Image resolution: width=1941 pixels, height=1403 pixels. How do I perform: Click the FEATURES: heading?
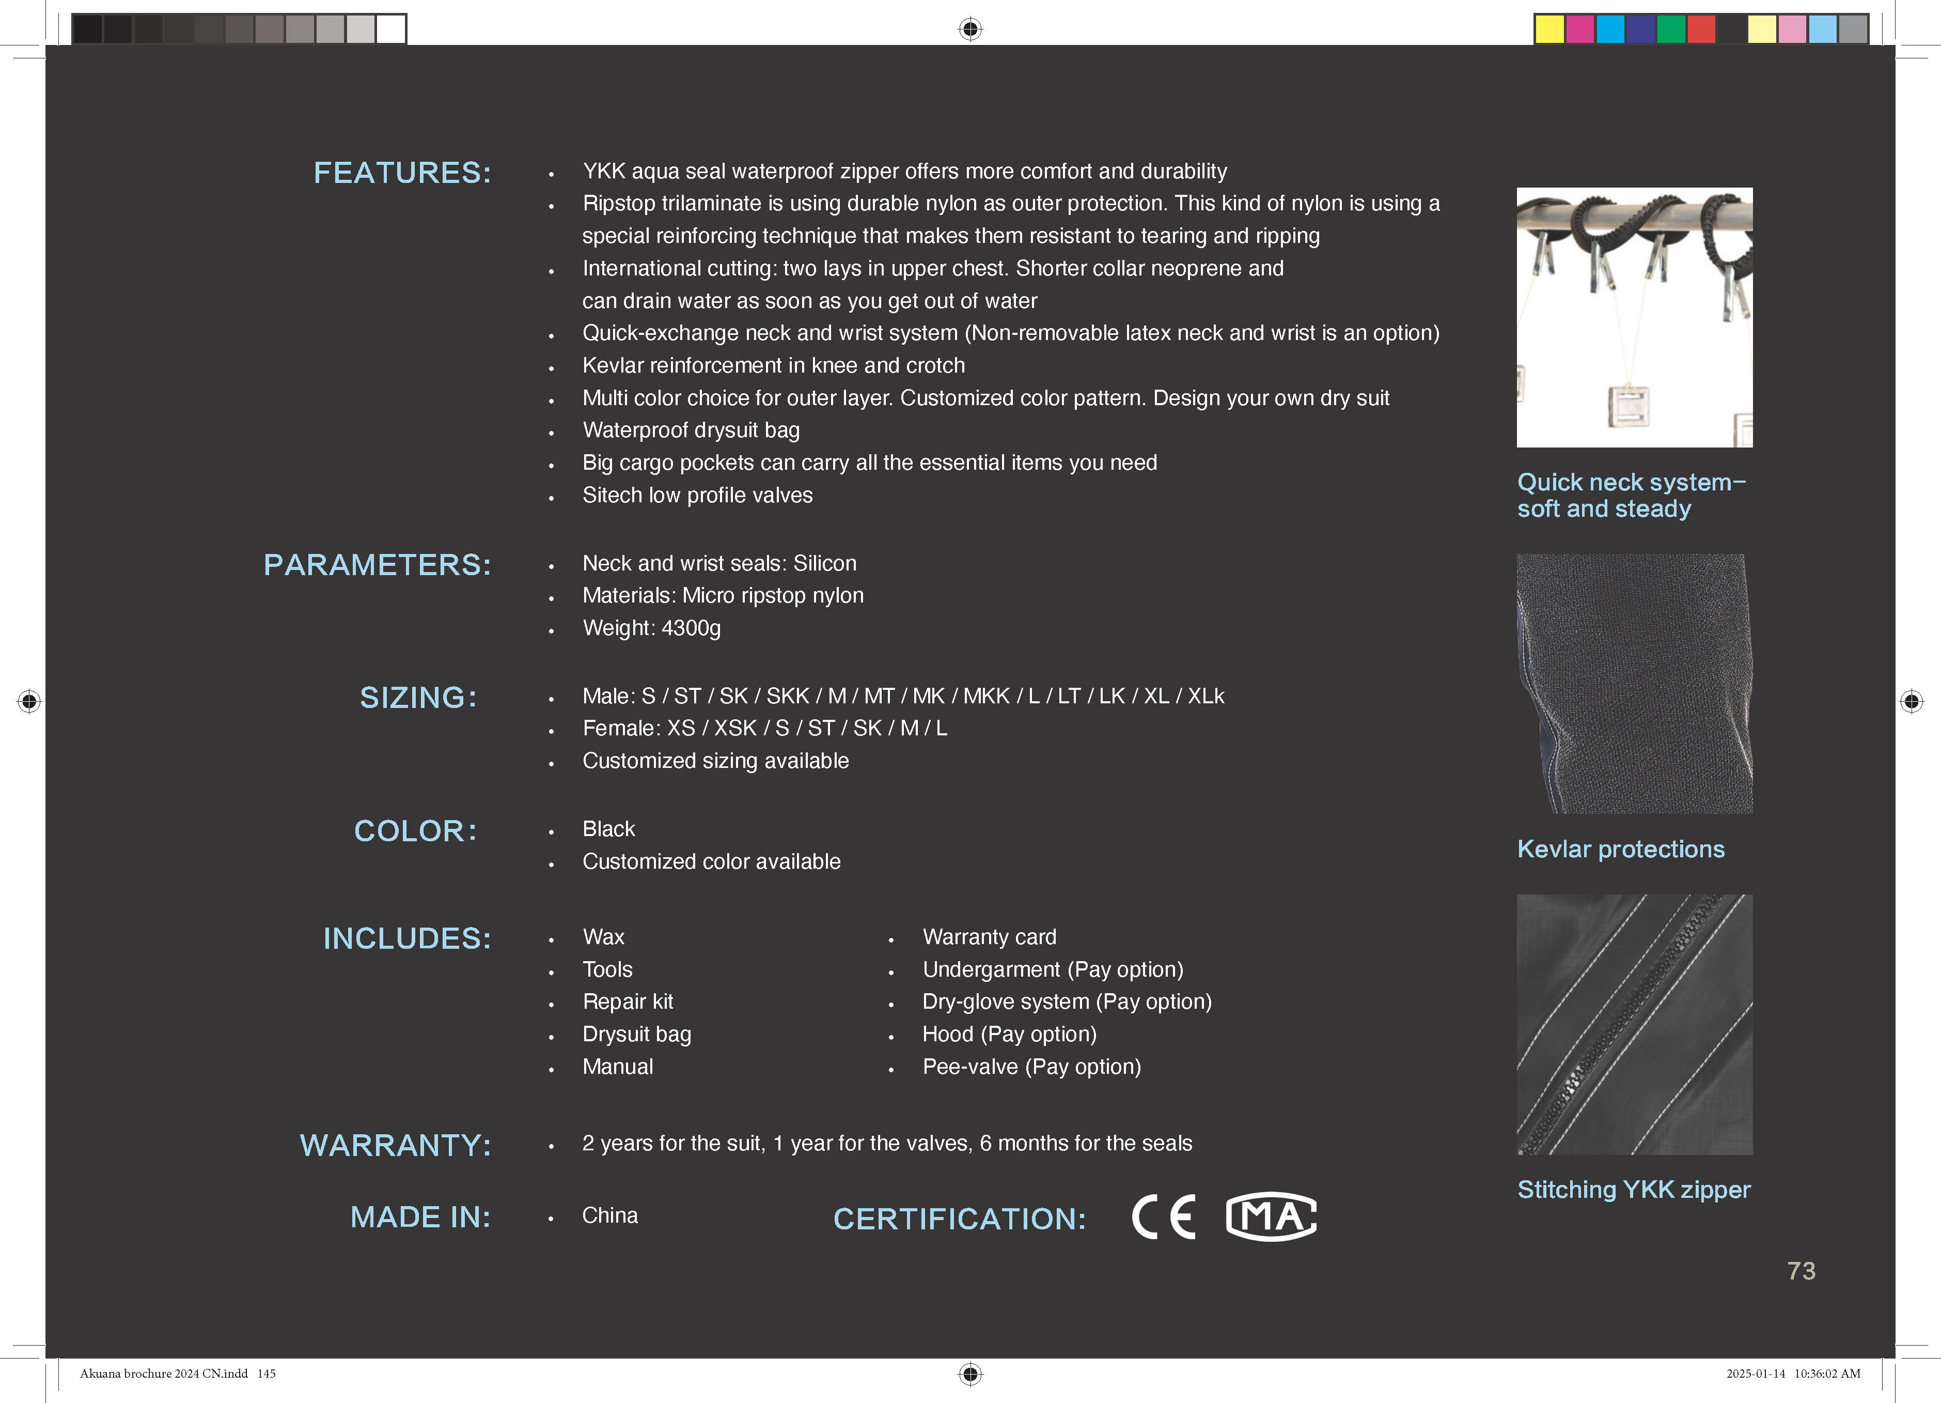click(x=402, y=173)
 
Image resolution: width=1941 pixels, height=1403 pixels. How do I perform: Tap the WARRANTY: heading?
click(x=396, y=1145)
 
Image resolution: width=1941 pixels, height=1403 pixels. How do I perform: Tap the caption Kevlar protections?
click(x=1620, y=849)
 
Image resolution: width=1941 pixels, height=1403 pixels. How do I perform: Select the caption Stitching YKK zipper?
click(x=1633, y=1190)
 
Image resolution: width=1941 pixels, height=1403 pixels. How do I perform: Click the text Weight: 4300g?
click(x=651, y=628)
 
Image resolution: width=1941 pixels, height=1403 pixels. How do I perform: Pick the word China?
click(x=609, y=1215)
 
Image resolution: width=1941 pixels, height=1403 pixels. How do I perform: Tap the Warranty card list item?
click(x=989, y=937)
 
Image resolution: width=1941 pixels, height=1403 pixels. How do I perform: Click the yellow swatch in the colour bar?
click(x=1549, y=29)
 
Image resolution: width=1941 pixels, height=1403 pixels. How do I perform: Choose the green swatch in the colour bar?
click(x=1670, y=29)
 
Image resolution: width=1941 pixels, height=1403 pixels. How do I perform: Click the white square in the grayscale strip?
click(x=391, y=29)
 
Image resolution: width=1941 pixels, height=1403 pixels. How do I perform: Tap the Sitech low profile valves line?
click(x=697, y=496)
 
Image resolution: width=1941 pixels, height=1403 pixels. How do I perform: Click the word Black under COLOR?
click(x=608, y=829)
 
